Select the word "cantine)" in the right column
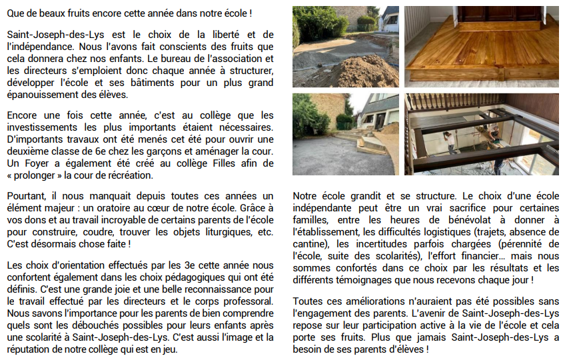[x=312, y=244]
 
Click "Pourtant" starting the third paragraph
[x=23, y=196]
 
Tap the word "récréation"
[x=131, y=175]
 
